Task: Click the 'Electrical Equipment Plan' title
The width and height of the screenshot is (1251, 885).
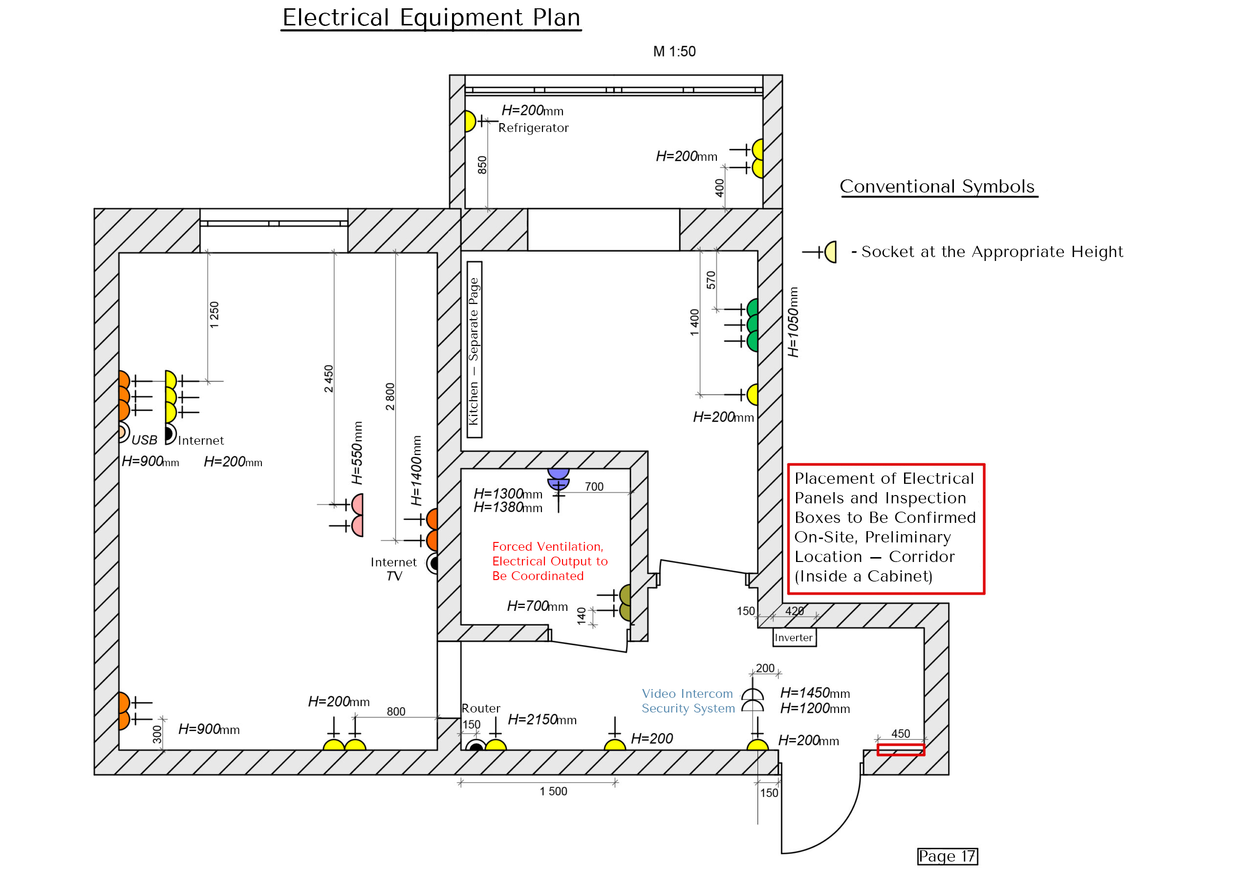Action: coord(431,18)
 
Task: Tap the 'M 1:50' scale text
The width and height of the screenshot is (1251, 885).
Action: coord(674,51)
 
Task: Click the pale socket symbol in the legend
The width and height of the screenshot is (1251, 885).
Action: coord(830,252)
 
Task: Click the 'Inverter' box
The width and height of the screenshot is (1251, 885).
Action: coord(794,638)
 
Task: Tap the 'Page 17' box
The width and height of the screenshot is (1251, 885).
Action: coord(947,856)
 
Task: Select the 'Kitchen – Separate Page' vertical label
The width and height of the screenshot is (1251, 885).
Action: coord(474,350)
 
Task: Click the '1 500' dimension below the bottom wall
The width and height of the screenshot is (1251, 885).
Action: coord(553,791)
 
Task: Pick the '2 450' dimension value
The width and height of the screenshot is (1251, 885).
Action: coord(328,379)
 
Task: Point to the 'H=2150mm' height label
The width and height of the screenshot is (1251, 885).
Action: coord(541,719)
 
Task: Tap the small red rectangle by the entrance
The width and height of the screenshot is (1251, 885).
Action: coord(900,750)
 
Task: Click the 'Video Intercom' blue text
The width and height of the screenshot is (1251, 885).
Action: coord(687,694)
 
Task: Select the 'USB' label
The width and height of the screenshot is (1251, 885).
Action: coord(144,440)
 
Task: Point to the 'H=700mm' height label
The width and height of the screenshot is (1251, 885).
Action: coord(537,606)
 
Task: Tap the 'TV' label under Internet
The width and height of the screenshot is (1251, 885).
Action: coord(394,576)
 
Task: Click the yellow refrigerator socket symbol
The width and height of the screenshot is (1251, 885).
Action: coord(470,121)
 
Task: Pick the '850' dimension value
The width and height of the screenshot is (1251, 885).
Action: coord(482,165)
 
